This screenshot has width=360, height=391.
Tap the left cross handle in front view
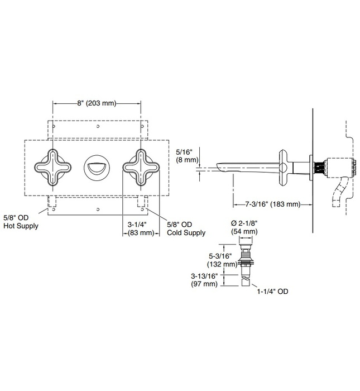coord(52,166)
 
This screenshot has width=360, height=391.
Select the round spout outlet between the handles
coord(96,166)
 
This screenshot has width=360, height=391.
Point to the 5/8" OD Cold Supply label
coord(186,228)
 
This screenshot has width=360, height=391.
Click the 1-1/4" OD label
coord(270,291)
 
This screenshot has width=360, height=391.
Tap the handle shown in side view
coord(285,166)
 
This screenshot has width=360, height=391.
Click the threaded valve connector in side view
coord(319,166)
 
